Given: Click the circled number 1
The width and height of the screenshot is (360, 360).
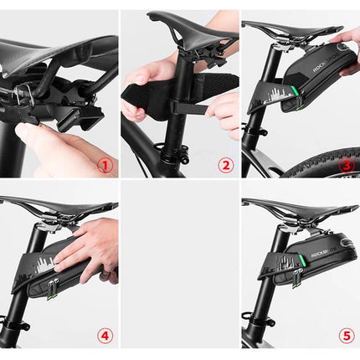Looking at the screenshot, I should click(105, 166).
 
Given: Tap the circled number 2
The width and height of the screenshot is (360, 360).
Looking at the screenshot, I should click(225, 166).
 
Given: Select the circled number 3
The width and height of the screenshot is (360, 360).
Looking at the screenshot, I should click(346, 166).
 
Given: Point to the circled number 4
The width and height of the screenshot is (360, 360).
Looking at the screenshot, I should click(105, 336).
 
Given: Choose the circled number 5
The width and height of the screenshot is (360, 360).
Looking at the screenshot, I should click(346, 336).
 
